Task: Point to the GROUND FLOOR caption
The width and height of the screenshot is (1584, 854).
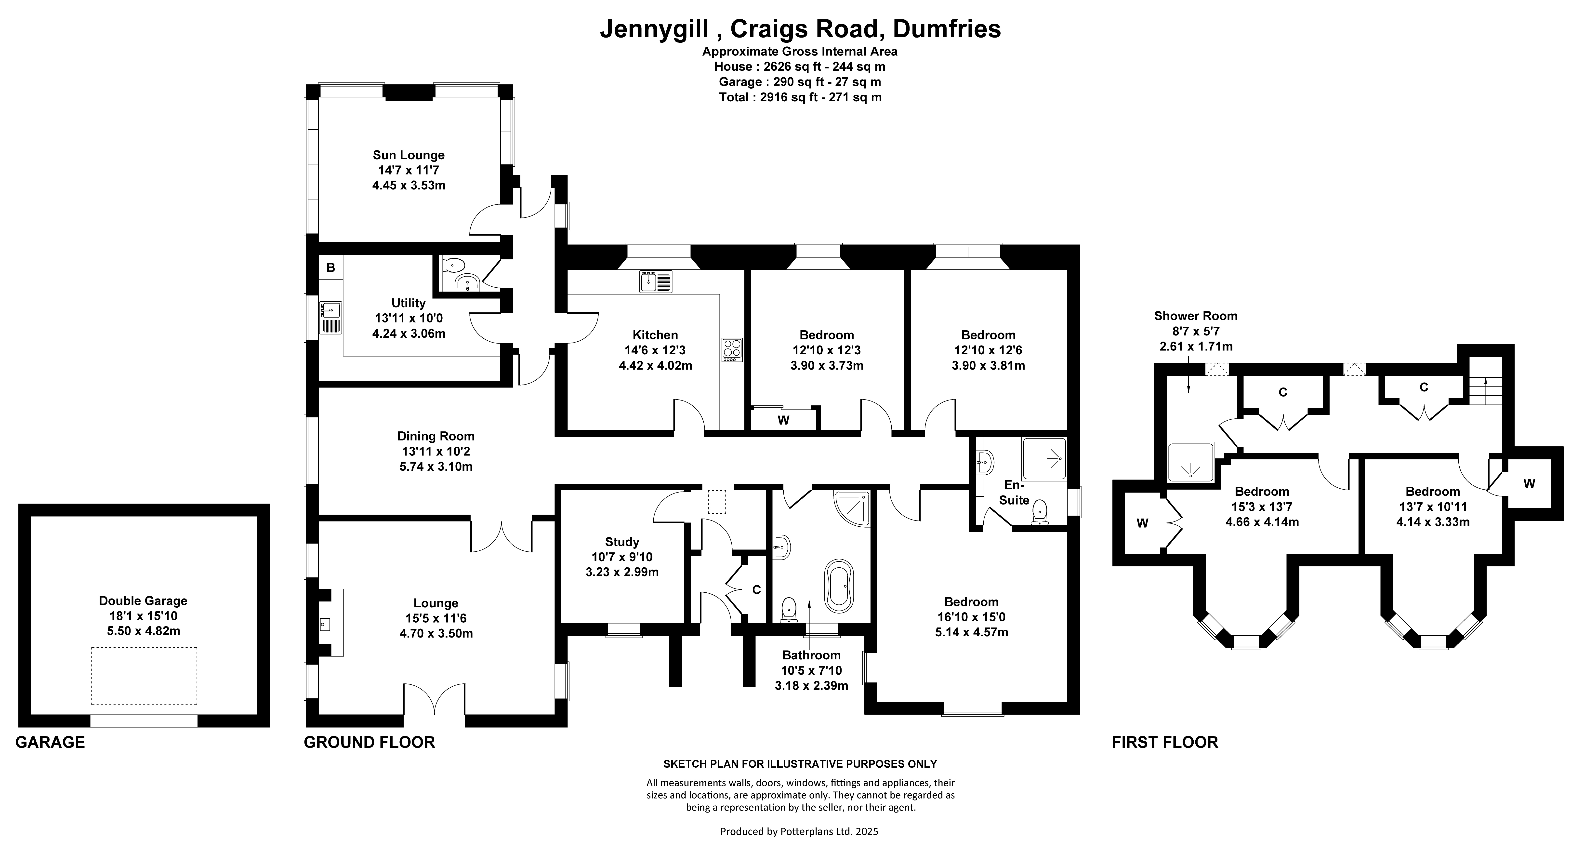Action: [370, 742]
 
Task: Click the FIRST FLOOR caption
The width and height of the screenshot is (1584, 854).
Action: [1165, 742]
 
